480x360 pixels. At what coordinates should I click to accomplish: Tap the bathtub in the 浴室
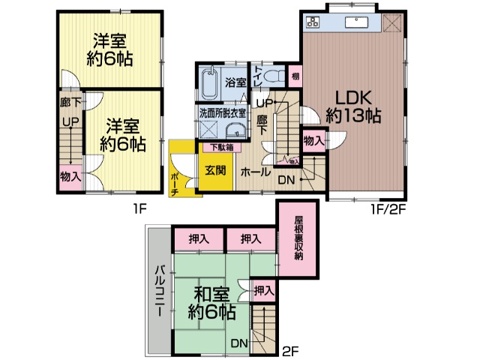[x=211, y=82]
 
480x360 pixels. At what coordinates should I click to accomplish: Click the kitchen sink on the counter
[x=357, y=22]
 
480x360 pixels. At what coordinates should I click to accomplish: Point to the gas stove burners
[x=313, y=22]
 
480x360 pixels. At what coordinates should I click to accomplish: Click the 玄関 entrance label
[x=215, y=170]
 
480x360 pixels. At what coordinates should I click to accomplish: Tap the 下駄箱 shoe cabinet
[x=222, y=147]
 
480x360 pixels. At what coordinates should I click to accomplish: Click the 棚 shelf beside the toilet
[x=295, y=76]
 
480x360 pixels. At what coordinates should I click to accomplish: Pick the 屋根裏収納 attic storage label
[x=298, y=238]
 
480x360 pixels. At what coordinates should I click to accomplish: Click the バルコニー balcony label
[x=160, y=291]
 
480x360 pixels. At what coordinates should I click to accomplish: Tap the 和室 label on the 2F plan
[x=211, y=295]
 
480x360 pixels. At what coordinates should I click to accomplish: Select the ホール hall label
[x=256, y=172]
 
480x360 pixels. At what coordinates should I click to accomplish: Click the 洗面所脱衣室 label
[x=223, y=112]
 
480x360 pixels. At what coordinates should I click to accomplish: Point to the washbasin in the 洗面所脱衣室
[x=235, y=131]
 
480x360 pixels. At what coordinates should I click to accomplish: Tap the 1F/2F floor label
[x=388, y=210]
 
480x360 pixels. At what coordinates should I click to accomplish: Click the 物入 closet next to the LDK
[x=313, y=141]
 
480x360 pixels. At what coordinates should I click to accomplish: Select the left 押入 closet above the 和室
[x=199, y=239]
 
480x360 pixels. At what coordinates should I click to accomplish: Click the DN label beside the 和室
[x=238, y=343]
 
